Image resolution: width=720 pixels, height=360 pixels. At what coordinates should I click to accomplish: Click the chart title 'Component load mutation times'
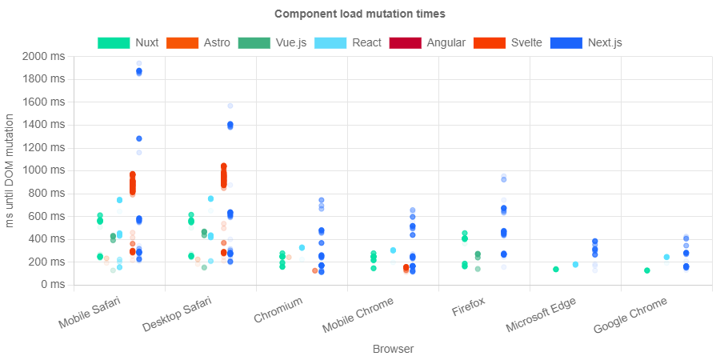pyautogui.click(x=359, y=14)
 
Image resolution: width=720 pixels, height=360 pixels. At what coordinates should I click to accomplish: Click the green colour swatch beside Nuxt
pyautogui.click(x=114, y=42)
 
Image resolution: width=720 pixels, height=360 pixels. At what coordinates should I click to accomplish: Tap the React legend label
pyautogui.click(x=366, y=42)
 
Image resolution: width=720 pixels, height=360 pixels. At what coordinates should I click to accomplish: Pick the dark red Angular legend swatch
pyautogui.click(x=406, y=42)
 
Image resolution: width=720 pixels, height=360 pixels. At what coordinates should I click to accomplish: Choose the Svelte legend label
pyautogui.click(x=526, y=42)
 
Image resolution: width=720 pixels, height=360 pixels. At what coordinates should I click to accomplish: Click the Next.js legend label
pyautogui.click(x=605, y=42)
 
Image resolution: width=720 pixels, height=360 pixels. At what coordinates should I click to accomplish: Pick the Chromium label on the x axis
pyautogui.click(x=278, y=312)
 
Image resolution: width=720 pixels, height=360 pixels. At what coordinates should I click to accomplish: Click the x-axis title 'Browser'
pyautogui.click(x=393, y=349)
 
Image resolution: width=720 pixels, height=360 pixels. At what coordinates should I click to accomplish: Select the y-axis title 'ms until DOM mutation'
pyautogui.click(x=10, y=170)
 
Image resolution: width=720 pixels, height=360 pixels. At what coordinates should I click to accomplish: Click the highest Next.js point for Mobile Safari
pyautogui.click(x=139, y=63)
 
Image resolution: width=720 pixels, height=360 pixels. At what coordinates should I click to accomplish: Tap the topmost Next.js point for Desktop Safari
pyautogui.click(x=230, y=106)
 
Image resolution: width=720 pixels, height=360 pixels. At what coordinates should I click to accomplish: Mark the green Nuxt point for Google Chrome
pyautogui.click(x=647, y=270)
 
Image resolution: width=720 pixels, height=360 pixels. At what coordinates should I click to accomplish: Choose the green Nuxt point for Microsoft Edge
pyautogui.click(x=556, y=269)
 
